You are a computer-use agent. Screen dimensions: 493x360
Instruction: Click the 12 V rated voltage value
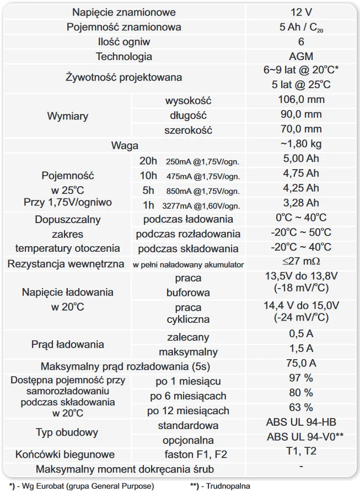(x=300, y=12)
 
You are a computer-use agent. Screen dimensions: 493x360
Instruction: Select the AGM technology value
(x=300, y=56)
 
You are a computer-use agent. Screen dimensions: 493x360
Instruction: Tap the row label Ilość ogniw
(x=124, y=42)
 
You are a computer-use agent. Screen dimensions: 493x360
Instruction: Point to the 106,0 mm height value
(x=300, y=100)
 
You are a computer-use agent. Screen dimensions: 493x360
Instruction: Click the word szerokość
(x=188, y=131)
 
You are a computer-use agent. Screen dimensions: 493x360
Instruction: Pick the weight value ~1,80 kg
(x=300, y=144)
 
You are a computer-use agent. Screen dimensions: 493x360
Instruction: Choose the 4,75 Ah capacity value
(x=300, y=173)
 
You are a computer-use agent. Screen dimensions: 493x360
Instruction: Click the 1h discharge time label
(x=148, y=205)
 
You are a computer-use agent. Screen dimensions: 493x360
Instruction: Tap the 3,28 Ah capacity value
(x=300, y=203)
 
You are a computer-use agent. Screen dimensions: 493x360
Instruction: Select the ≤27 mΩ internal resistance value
(x=300, y=261)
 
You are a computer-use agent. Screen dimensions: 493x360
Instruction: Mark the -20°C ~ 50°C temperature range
(x=300, y=232)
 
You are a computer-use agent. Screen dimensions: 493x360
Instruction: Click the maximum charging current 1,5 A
(x=300, y=348)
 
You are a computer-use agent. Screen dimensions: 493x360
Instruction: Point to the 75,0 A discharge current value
(x=300, y=363)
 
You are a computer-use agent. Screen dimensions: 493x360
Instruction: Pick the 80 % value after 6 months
(x=300, y=392)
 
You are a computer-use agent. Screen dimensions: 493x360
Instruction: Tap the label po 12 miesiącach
(x=188, y=411)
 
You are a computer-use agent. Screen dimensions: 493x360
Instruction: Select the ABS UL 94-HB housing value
(x=300, y=422)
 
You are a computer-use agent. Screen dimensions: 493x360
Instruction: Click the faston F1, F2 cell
(x=188, y=454)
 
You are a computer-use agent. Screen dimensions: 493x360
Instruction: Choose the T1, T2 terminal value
(x=300, y=451)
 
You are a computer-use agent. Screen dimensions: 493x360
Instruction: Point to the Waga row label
(x=124, y=145)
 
